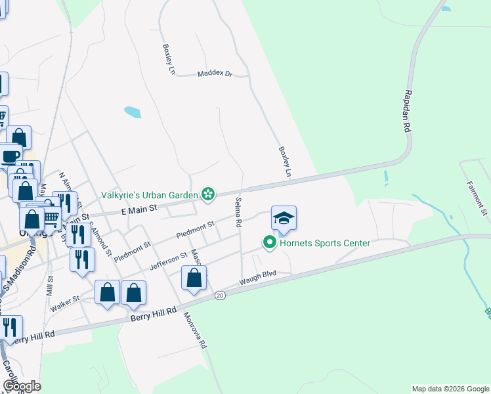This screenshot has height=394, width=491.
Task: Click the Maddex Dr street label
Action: coord(215,74)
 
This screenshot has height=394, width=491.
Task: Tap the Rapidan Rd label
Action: coord(408,112)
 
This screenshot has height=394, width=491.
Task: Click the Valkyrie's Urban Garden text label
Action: coord(150,195)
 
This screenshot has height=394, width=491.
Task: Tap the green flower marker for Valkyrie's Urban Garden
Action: coord(208,194)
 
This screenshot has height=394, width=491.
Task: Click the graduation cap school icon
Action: coord(284,219)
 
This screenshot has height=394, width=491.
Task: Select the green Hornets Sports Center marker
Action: coord(269,243)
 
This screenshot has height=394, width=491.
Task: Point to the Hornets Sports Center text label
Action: coord(324,244)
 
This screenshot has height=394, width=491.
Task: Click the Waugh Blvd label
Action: coord(258,277)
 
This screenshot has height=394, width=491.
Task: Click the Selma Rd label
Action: coord(238,212)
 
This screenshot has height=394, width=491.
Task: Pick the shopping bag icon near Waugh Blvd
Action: coord(194,278)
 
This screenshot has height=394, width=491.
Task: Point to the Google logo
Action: coord(22,386)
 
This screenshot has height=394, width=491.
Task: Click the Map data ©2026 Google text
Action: coord(450,389)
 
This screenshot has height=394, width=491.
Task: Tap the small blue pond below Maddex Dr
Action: coord(132,112)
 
